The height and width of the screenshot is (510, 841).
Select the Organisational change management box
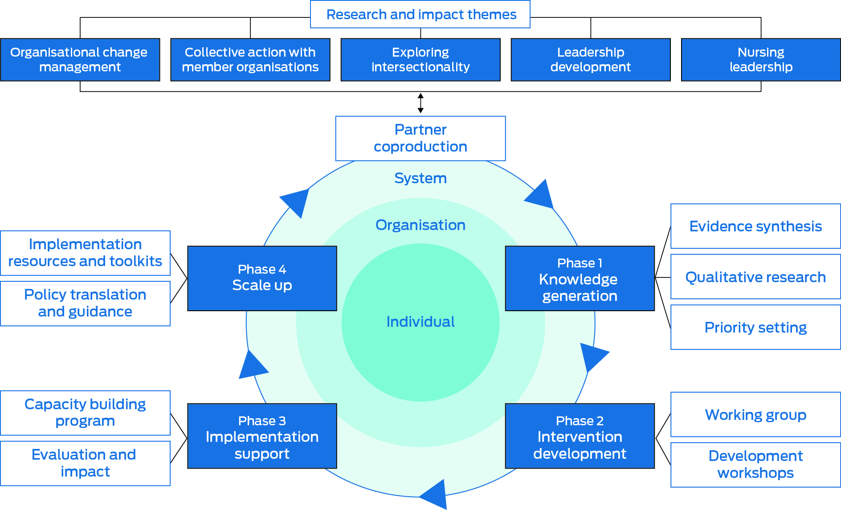pos(80,59)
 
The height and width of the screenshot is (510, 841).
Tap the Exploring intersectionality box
pos(420,59)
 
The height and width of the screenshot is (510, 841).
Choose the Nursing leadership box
pos(760,59)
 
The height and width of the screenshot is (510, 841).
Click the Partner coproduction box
pos(420,138)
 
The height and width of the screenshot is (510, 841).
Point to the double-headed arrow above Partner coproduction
pos(420,103)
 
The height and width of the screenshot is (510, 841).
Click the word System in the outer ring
pos(420,178)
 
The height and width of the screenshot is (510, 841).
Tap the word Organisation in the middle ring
pos(420,225)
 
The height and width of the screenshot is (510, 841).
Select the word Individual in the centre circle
pos(420,322)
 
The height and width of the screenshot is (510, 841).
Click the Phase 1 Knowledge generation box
pos(580,279)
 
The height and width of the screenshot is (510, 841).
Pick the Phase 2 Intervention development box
pos(580,436)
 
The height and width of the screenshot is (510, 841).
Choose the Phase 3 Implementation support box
pos(262,436)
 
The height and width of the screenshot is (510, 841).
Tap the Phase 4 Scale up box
pos(262,278)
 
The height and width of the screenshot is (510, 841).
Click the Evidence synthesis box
pos(755,226)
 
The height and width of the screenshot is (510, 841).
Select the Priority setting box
pos(755,328)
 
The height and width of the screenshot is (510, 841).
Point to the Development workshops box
pos(755,465)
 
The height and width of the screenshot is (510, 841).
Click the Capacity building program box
pos(85,413)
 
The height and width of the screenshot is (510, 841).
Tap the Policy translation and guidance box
pos(85,303)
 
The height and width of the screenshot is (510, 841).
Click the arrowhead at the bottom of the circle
pos(435,494)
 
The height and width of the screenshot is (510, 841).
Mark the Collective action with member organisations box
pos(250,59)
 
